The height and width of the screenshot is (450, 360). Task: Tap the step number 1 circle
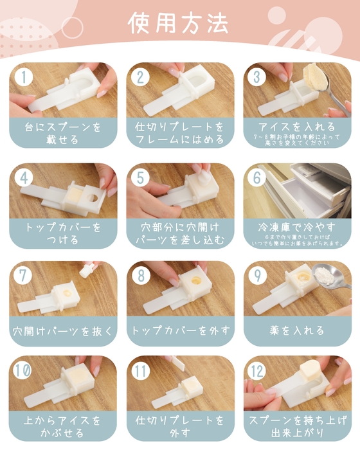(24, 77)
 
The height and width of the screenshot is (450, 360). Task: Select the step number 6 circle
(257, 178)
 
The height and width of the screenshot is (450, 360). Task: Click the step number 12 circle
(258, 372)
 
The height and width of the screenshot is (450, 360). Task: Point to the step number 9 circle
(257, 275)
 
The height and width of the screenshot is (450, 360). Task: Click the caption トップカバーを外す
(179, 331)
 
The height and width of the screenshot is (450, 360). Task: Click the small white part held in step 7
(84, 271)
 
